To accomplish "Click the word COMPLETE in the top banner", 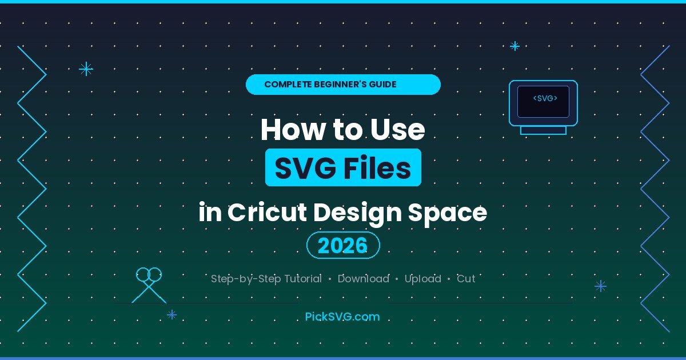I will tap(288, 85).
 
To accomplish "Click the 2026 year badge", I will tap(343, 246).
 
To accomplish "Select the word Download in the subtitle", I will tap(363, 279).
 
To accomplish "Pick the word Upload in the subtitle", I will tap(422, 279).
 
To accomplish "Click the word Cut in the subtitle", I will tap(466, 279).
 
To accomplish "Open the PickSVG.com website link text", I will tap(342, 316).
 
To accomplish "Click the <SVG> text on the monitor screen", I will tap(545, 98).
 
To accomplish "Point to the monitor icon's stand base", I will tap(543, 130).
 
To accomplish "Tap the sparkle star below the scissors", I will tap(171, 314).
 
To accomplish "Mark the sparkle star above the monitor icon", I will tap(514, 46).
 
